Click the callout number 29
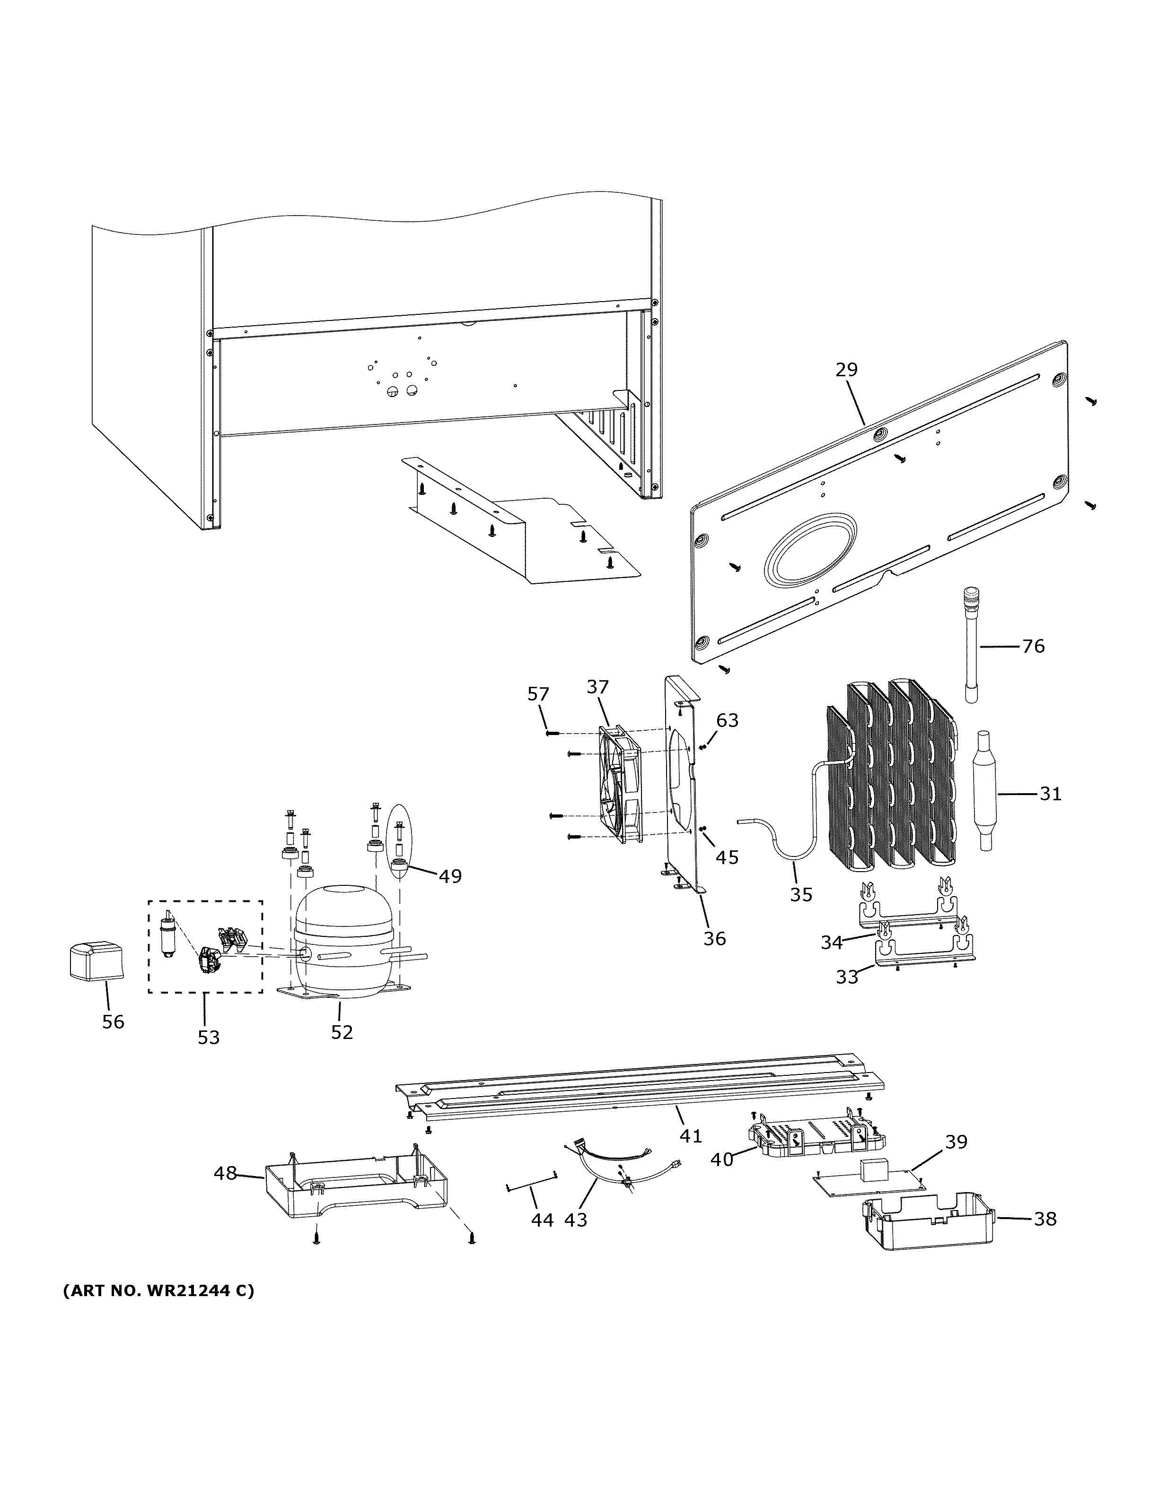click(x=846, y=370)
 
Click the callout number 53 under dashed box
click(x=209, y=1037)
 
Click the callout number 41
click(x=691, y=1136)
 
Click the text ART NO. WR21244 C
click(x=158, y=1291)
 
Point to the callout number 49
click(x=450, y=876)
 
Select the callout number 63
click(x=727, y=720)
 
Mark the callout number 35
click(x=800, y=894)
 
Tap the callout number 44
click(x=542, y=1220)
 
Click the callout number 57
click(x=538, y=694)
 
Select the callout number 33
click(x=847, y=977)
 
